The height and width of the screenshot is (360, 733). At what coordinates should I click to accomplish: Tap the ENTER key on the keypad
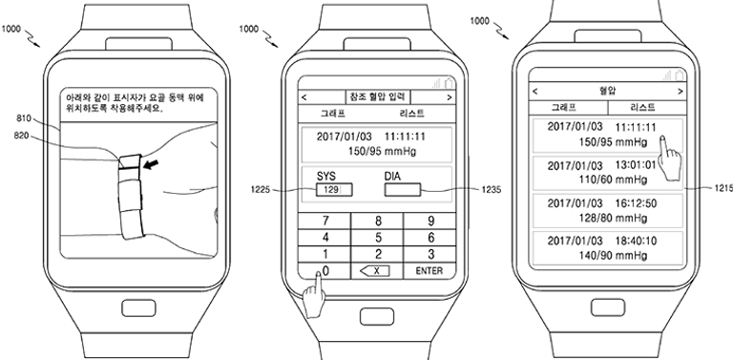[x=429, y=271]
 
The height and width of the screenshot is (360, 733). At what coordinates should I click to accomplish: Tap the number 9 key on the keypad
[x=429, y=220]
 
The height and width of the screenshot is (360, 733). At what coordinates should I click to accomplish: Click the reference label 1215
[x=721, y=189]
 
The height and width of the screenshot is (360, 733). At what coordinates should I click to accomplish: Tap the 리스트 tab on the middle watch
[x=409, y=115]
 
